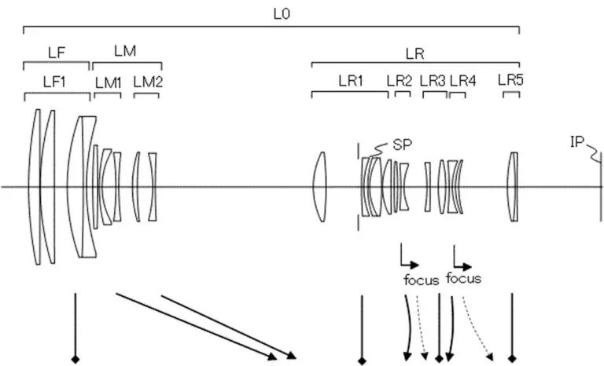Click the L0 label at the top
coord(282,14)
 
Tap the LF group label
coord(57,53)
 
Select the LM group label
coord(125,51)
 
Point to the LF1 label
coord(54,82)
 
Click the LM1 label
coord(109,82)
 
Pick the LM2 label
coord(148,82)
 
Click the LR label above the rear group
coord(415,54)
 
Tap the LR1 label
coord(351,81)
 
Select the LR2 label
coord(400,81)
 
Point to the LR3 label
coord(433,81)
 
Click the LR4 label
coord(463,81)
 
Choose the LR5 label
coord(510,80)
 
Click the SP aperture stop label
coord(403,145)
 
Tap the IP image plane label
coord(577,142)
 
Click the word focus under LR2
coord(422,280)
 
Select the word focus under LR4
coord(463,278)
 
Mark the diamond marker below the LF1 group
coord(75,360)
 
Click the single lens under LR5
coord(514,187)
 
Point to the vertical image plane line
coord(601,187)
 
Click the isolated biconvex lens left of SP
coord(320,187)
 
